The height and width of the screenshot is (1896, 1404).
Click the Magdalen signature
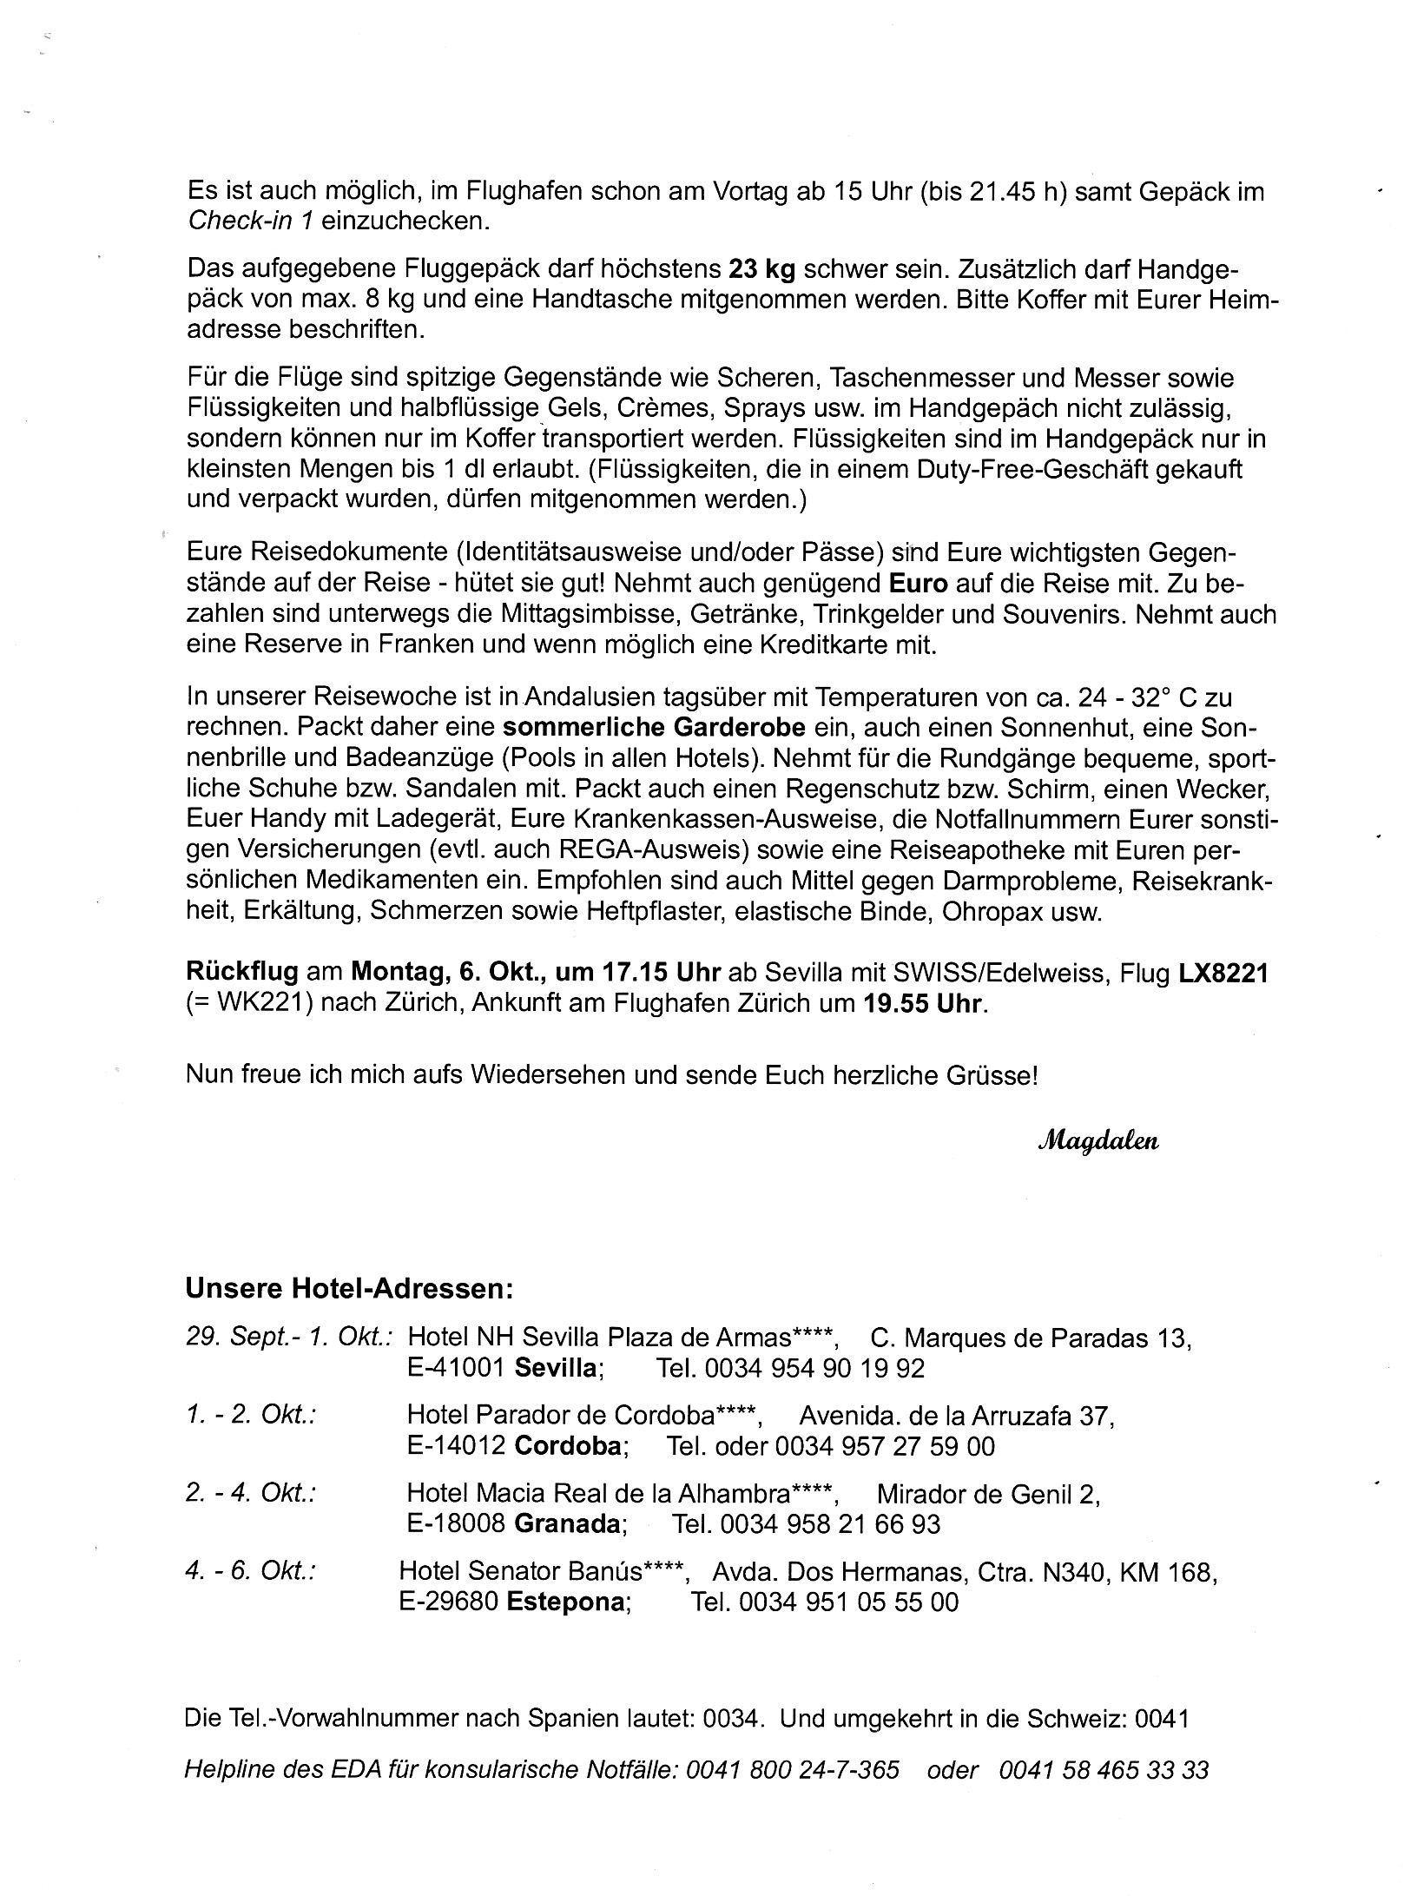tap(1097, 1141)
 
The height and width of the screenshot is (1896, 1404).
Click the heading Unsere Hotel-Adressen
tap(350, 1288)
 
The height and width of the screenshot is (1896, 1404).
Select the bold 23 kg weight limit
tap(761, 269)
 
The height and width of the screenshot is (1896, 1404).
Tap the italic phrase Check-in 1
tap(250, 221)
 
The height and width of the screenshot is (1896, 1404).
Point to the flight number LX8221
tap(1223, 974)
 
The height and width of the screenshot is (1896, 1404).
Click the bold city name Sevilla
tap(555, 1369)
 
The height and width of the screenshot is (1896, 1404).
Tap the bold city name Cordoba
tap(569, 1447)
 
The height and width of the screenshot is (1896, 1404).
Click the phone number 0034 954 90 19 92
tap(814, 1369)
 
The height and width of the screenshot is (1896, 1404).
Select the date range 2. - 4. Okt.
tap(250, 1494)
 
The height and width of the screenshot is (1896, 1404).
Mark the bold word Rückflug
tap(242, 974)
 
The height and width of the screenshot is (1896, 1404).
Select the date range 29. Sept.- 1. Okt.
tap(290, 1338)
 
